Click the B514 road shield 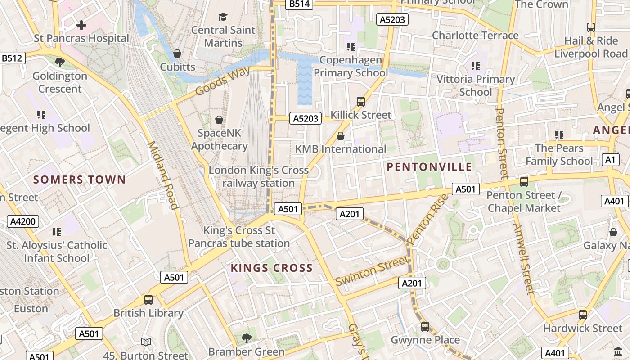pos(299,4)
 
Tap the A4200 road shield pos(23,221)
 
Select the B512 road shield pos(12,58)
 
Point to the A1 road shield pos(610,160)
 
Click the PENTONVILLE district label pos(429,167)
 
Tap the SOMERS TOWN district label pos(80,180)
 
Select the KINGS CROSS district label pos(271,268)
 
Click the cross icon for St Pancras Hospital pos(81,25)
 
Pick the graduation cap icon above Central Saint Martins pos(223,17)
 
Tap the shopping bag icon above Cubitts pos(178,54)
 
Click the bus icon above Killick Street pos(361,102)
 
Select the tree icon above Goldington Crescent pos(59,63)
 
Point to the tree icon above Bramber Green pos(246,338)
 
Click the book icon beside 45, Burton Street pos(145,342)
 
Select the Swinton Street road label pos(373,270)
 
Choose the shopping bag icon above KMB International pos(341,136)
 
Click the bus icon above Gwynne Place pos(425,327)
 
